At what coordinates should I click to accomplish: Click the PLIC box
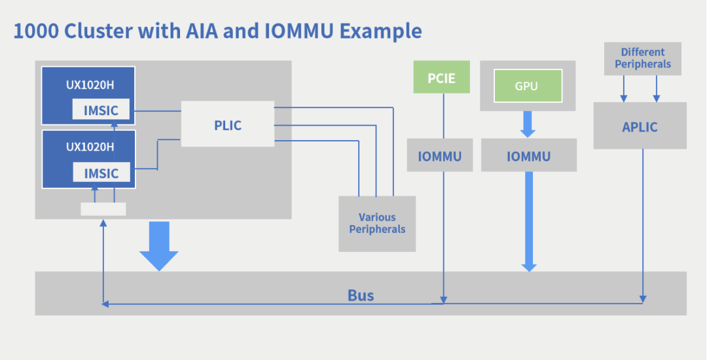point(227,124)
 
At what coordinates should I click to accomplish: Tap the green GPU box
point(527,86)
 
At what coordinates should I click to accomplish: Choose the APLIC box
point(640,126)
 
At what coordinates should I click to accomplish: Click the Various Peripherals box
point(377,223)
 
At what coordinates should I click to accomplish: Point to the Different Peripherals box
point(642,58)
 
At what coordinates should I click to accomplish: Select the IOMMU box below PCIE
point(439,156)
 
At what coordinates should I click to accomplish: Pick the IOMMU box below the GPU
point(528,156)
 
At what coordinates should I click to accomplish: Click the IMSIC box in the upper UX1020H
point(101,110)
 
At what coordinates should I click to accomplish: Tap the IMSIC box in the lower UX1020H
point(101,173)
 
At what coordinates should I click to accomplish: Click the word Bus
point(361,295)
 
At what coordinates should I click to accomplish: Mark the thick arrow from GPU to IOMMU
point(528,123)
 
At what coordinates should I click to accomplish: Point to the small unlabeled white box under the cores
point(103,209)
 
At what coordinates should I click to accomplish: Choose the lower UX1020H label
point(90,147)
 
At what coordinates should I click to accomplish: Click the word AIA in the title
point(199,31)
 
